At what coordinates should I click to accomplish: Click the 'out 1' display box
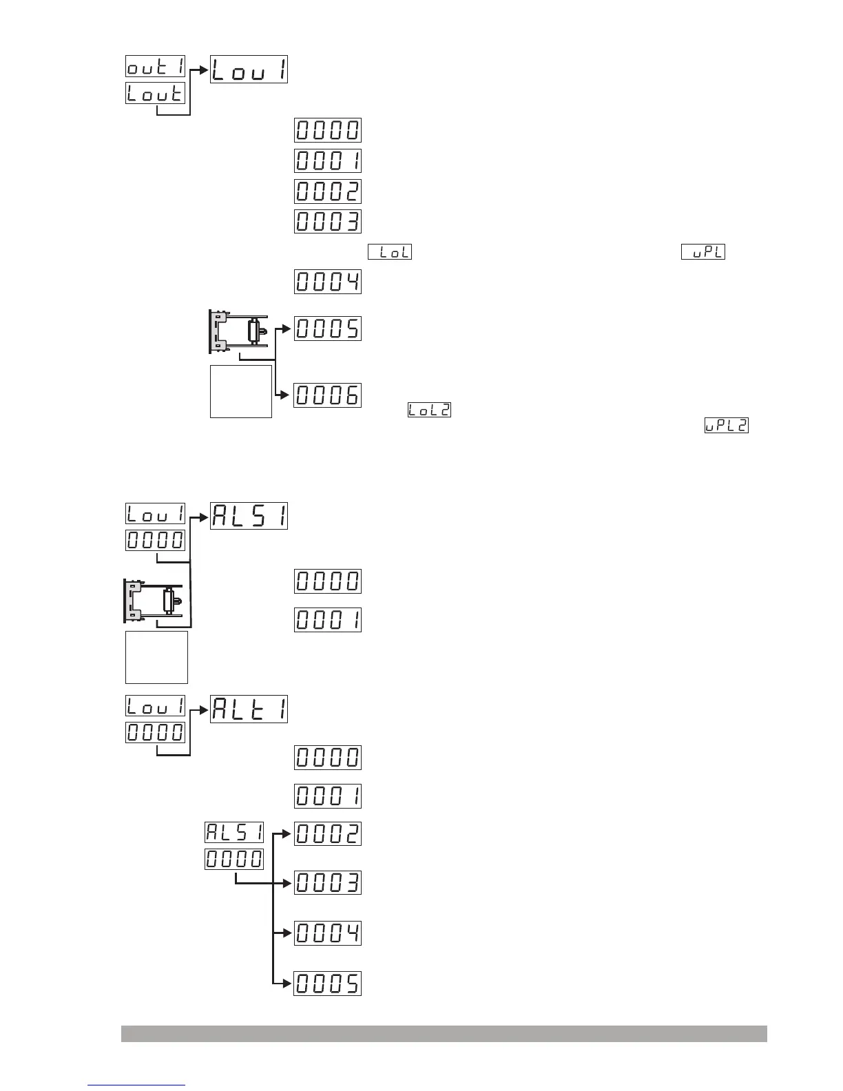[x=156, y=66]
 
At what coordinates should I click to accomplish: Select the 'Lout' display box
[x=156, y=93]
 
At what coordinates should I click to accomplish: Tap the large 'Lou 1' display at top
[x=249, y=69]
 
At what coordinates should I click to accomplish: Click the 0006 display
[x=328, y=395]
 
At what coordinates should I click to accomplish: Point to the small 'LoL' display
[x=390, y=252]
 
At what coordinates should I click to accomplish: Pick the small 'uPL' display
[x=703, y=252]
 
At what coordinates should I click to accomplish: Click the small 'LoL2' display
[x=429, y=410]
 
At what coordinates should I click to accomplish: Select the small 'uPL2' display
[x=726, y=426]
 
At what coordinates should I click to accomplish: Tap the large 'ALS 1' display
[x=249, y=516]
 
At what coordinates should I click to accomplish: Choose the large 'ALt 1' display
[x=249, y=709]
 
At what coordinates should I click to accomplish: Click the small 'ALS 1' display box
[x=234, y=832]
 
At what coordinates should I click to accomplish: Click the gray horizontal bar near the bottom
[x=444, y=1034]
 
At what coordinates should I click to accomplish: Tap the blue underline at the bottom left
[x=136, y=1085]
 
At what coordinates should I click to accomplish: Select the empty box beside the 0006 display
[x=241, y=391]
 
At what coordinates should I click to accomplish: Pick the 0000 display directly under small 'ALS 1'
[x=234, y=859]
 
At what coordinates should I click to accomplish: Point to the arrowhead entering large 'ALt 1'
[x=205, y=709]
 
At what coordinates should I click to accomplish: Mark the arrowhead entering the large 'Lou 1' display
[x=205, y=69]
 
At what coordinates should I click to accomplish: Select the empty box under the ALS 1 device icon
[x=156, y=657]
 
